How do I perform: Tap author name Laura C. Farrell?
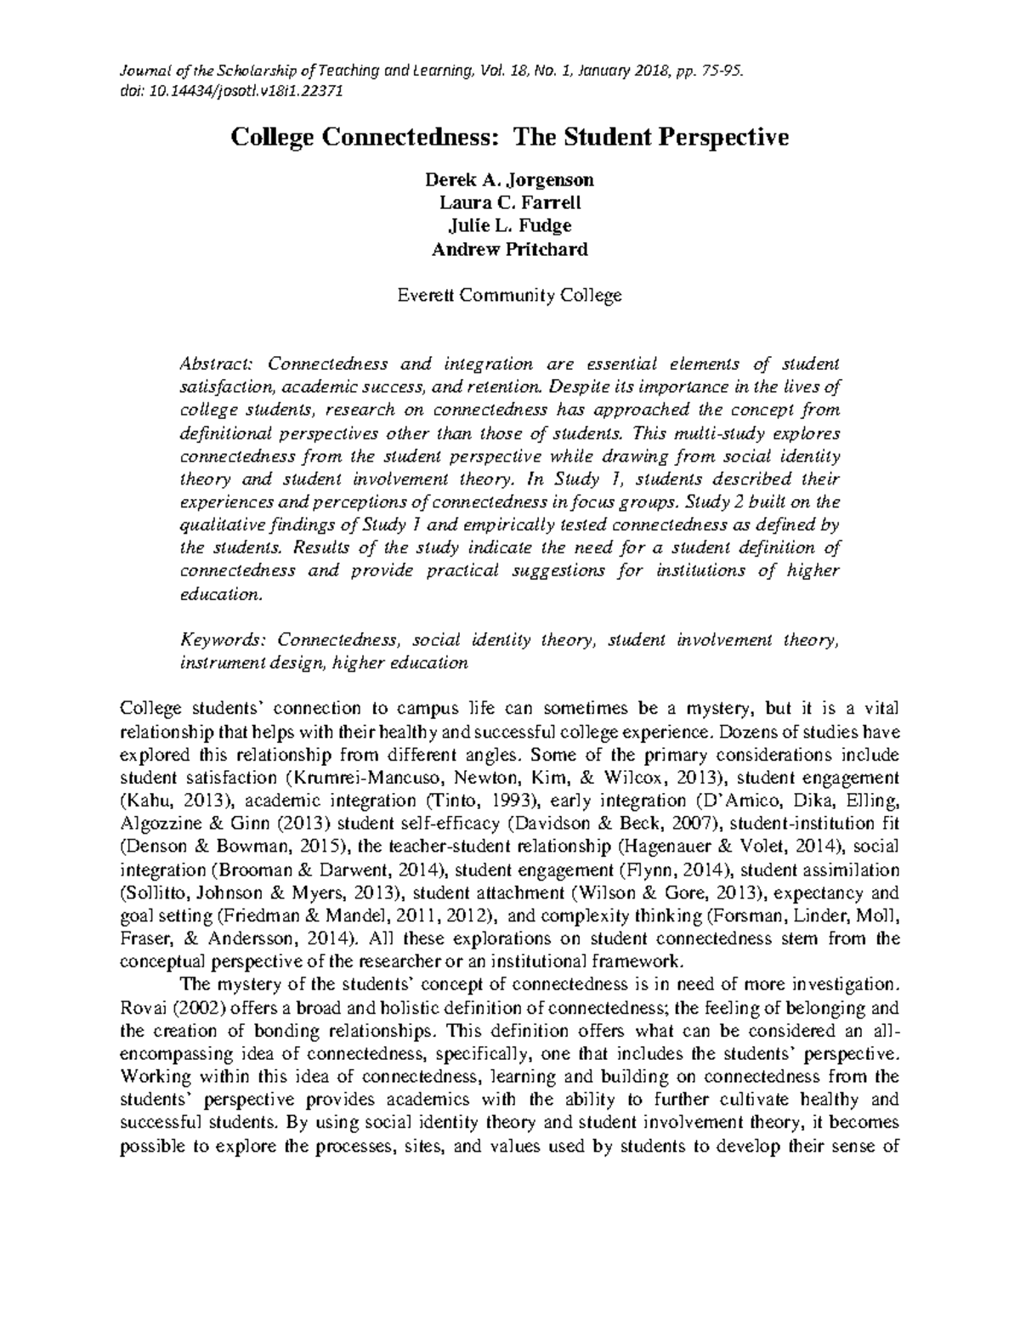[x=509, y=203]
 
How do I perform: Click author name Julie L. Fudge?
[x=509, y=226]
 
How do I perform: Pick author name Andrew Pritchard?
[x=509, y=249]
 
